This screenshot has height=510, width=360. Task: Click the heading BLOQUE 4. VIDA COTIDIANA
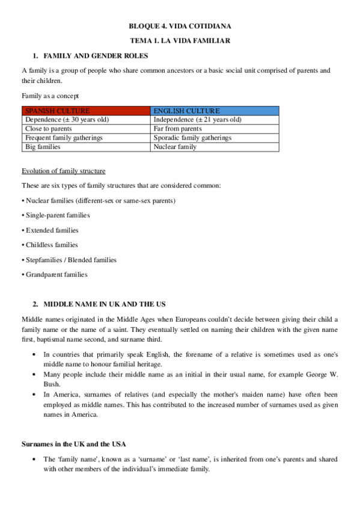[x=180, y=26]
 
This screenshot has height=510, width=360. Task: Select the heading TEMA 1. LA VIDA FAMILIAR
[x=180, y=40]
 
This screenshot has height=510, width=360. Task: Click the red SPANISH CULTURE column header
[x=86, y=111]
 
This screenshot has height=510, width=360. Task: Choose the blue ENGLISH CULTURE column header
[x=215, y=111]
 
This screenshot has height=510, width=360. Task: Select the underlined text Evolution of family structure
[x=64, y=171]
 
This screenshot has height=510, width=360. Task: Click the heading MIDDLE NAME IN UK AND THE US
[x=105, y=304]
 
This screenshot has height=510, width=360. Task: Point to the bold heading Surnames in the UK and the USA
[x=74, y=444]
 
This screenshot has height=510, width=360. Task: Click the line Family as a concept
[x=50, y=96]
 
